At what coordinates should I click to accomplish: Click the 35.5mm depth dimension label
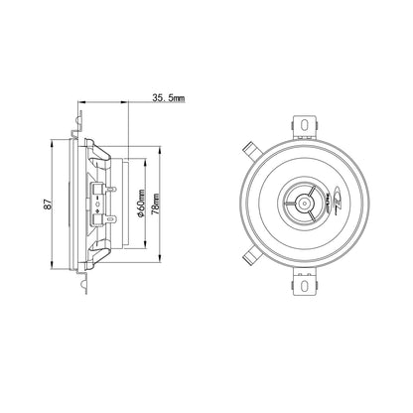point(169,98)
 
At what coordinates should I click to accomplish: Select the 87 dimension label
point(49,204)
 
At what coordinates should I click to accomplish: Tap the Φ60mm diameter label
point(141,204)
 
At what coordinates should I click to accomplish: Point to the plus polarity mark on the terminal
point(96,210)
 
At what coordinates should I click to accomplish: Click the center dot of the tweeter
point(304,203)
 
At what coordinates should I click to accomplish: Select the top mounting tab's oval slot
point(305,124)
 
